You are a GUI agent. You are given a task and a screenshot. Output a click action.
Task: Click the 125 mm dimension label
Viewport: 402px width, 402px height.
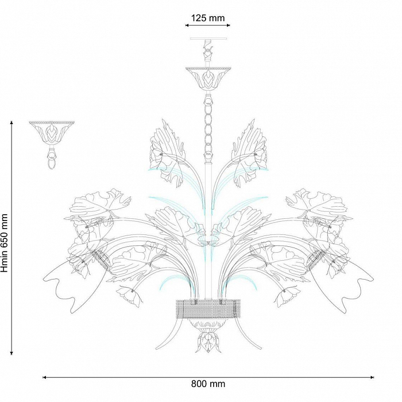click(x=208, y=18)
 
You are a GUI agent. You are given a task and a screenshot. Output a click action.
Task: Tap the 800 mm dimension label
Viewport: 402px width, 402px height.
click(x=208, y=384)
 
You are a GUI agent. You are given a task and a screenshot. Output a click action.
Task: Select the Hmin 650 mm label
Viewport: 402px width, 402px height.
click(x=5, y=243)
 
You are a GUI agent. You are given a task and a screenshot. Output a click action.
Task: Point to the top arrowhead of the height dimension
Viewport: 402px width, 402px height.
click(x=11, y=123)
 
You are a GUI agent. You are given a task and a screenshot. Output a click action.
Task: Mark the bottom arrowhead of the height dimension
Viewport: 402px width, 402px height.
click(x=11, y=353)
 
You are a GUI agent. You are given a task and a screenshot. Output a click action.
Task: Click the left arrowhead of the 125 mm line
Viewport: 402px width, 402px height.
click(x=187, y=25)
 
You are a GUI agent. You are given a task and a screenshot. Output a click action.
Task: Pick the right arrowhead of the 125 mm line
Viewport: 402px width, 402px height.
click(x=228, y=25)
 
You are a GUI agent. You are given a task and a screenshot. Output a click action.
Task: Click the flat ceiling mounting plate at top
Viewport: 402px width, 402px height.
click(x=208, y=38)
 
